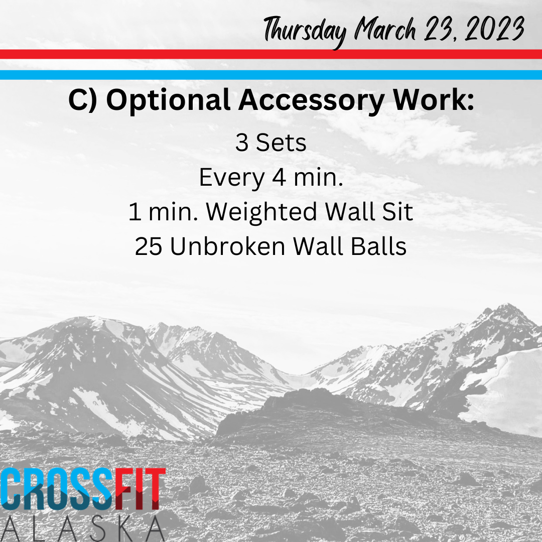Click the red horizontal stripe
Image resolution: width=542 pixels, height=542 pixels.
(x=271, y=54)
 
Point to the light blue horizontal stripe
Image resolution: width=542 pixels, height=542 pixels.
(x=271, y=75)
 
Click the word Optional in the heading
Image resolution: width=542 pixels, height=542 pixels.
(x=168, y=100)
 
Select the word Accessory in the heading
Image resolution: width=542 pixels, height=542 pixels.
(x=311, y=100)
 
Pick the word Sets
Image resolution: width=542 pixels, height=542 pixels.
(x=281, y=143)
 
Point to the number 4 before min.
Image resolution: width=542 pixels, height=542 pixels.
(x=280, y=177)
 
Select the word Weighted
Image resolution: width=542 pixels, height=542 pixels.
(x=261, y=212)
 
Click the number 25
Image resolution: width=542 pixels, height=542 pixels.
(x=148, y=246)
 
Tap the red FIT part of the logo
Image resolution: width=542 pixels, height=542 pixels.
(x=140, y=489)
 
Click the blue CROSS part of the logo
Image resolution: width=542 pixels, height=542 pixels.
(x=57, y=489)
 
